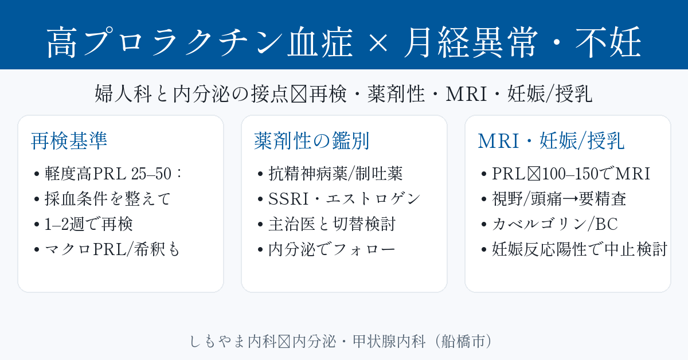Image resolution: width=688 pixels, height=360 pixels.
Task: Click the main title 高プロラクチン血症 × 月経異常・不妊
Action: (343, 43)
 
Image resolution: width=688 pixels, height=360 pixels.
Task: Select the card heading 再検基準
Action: (69, 141)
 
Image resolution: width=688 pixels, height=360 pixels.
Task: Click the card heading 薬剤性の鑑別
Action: (311, 141)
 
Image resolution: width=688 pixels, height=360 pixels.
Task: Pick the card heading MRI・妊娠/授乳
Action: (551, 141)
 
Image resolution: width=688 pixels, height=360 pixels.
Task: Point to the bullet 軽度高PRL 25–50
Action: (109, 173)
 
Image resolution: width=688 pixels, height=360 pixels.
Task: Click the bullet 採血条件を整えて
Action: (103, 199)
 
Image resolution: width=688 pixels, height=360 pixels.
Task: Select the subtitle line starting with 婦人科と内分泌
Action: (343, 94)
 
